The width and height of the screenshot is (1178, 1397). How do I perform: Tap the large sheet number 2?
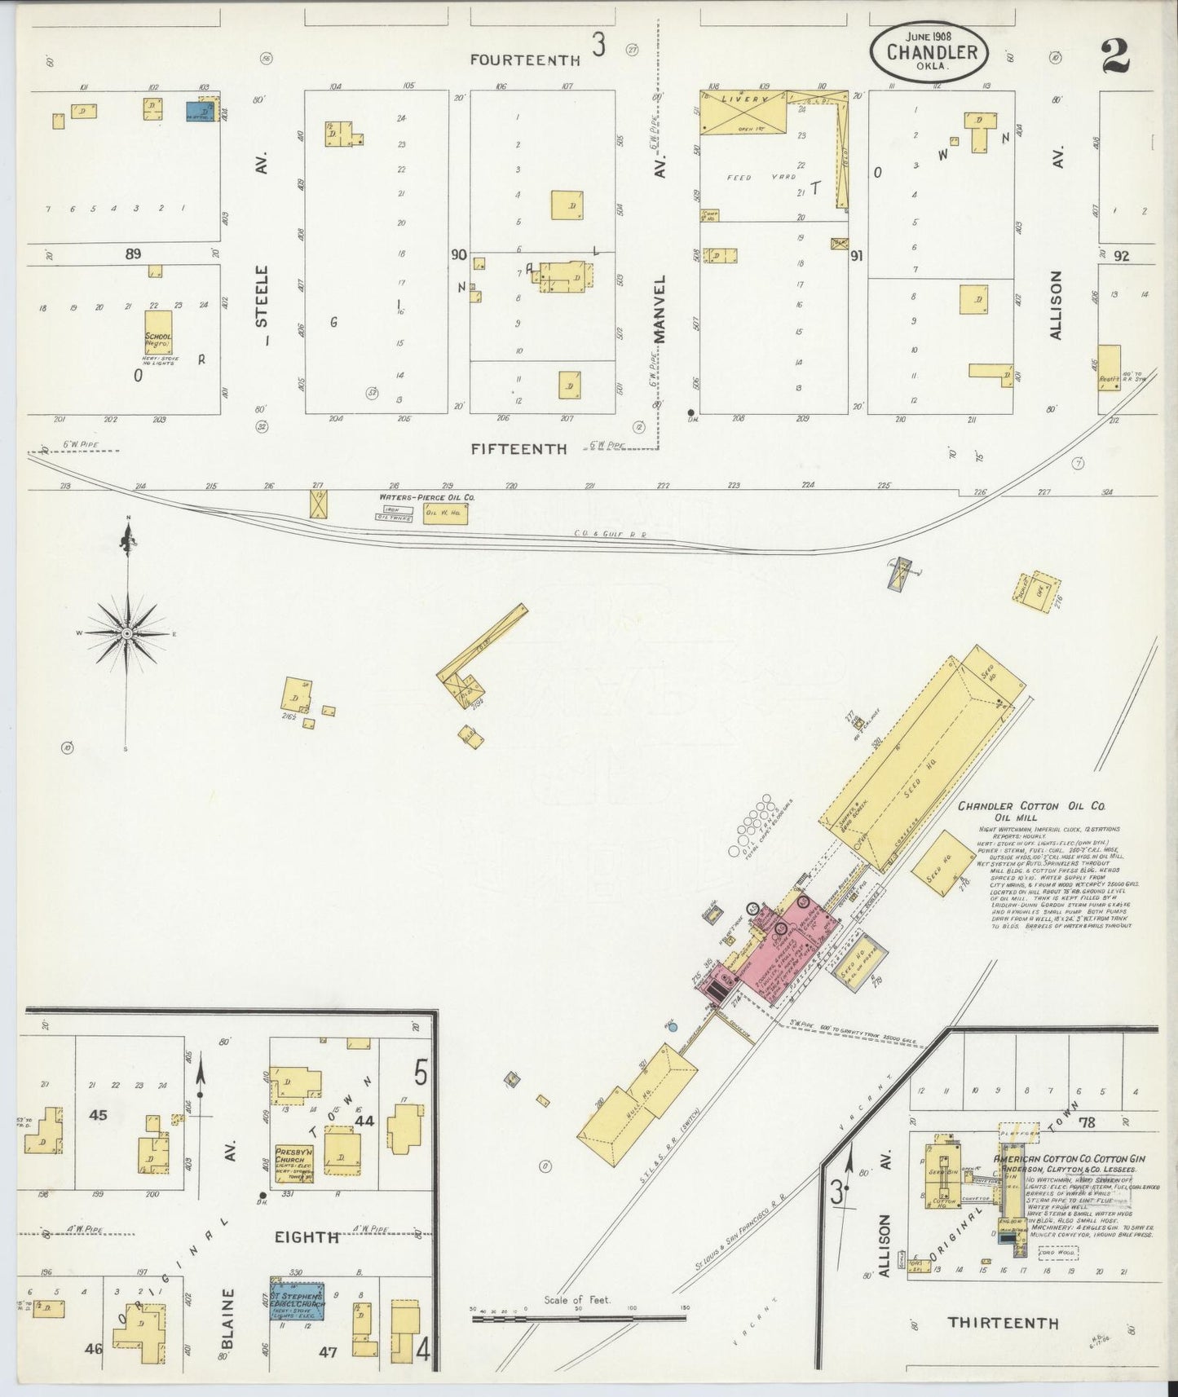click(x=1114, y=56)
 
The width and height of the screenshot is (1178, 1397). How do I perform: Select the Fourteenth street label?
click(x=525, y=59)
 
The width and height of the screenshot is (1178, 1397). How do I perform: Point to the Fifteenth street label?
click(x=518, y=448)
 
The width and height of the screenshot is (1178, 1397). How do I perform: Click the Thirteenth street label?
click(x=1003, y=1322)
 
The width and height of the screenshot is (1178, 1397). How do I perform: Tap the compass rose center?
click(x=127, y=633)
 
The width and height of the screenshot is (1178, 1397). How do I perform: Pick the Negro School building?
click(x=158, y=332)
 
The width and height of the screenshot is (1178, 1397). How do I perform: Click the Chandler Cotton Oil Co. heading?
click(x=1030, y=806)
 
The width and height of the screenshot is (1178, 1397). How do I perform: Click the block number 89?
click(x=133, y=253)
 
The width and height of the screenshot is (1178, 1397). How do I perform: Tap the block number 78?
click(x=1086, y=1122)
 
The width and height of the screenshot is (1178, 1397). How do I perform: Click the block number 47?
click(x=328, y=1352)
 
